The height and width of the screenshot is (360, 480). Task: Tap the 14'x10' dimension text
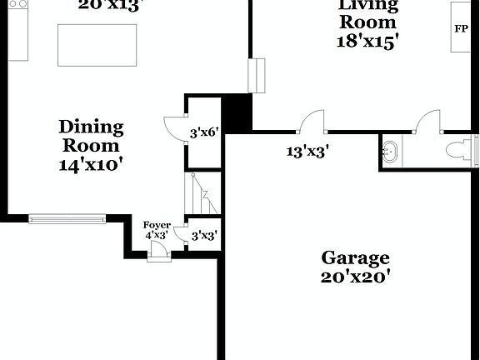[x=91, y=164]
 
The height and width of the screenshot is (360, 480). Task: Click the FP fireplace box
[x=461, y=28]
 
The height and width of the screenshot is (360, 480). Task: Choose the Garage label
[x=356, y=257]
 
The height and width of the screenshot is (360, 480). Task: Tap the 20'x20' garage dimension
[x=356, y=277]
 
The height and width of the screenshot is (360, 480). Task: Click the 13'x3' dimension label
[x=307, y=152]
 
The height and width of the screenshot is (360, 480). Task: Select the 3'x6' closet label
[x=204, y=132]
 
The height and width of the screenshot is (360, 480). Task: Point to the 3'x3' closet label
[x=204, y=236]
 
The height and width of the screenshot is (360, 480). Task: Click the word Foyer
[x=157, y=225]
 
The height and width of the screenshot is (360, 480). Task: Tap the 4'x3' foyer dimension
[x=157, y=236]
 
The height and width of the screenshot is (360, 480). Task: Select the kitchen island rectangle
[x=97, y=45]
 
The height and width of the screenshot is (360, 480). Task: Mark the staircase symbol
[x=202, y=193]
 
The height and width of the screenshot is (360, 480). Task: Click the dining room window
[x=67, y=219]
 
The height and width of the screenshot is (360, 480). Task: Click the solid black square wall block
[x=237, y=112]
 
